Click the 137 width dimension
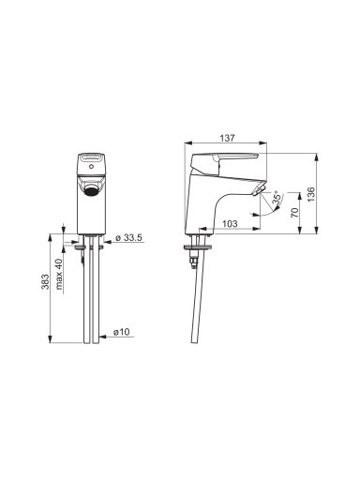227,138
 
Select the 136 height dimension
311,194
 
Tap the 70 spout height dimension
294,213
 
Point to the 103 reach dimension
230,224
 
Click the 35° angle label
277,198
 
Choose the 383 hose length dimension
46,281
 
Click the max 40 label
59,274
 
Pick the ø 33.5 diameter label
128,237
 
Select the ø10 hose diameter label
121,332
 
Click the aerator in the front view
92,190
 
